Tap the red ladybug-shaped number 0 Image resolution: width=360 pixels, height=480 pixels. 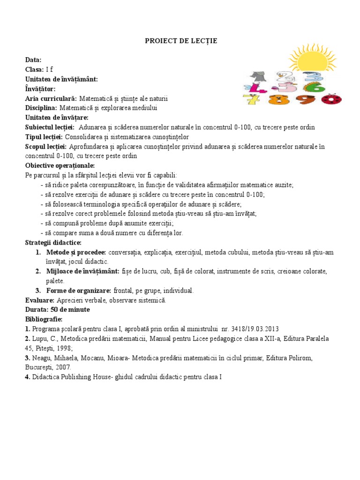point(331,99)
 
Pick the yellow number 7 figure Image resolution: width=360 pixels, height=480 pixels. point(251,99)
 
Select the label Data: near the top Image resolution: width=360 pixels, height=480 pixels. point(33,60)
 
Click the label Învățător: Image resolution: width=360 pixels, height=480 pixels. point(40,89)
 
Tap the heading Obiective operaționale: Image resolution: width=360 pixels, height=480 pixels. point(60,165)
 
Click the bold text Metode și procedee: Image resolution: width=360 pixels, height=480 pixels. point(76,252)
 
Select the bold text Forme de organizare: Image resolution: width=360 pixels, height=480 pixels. point(79,291)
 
